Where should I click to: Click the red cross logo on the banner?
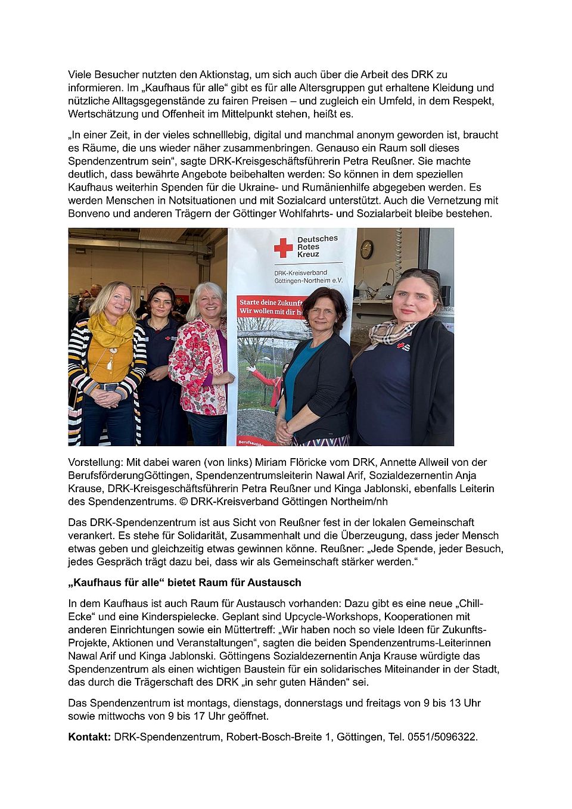tap(283, 247)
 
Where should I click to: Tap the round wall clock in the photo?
tap(366, 249)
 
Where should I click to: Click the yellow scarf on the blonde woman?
tap(111, 329)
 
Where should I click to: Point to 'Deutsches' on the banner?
tap(317, 239)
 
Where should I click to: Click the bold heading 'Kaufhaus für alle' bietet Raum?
tap(185, 583)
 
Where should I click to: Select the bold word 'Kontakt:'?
tap(89, 737)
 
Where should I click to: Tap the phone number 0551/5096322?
tap(442, 737)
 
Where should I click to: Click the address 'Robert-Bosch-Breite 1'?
tap(278, 737)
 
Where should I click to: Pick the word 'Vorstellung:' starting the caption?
tap(95, 462)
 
